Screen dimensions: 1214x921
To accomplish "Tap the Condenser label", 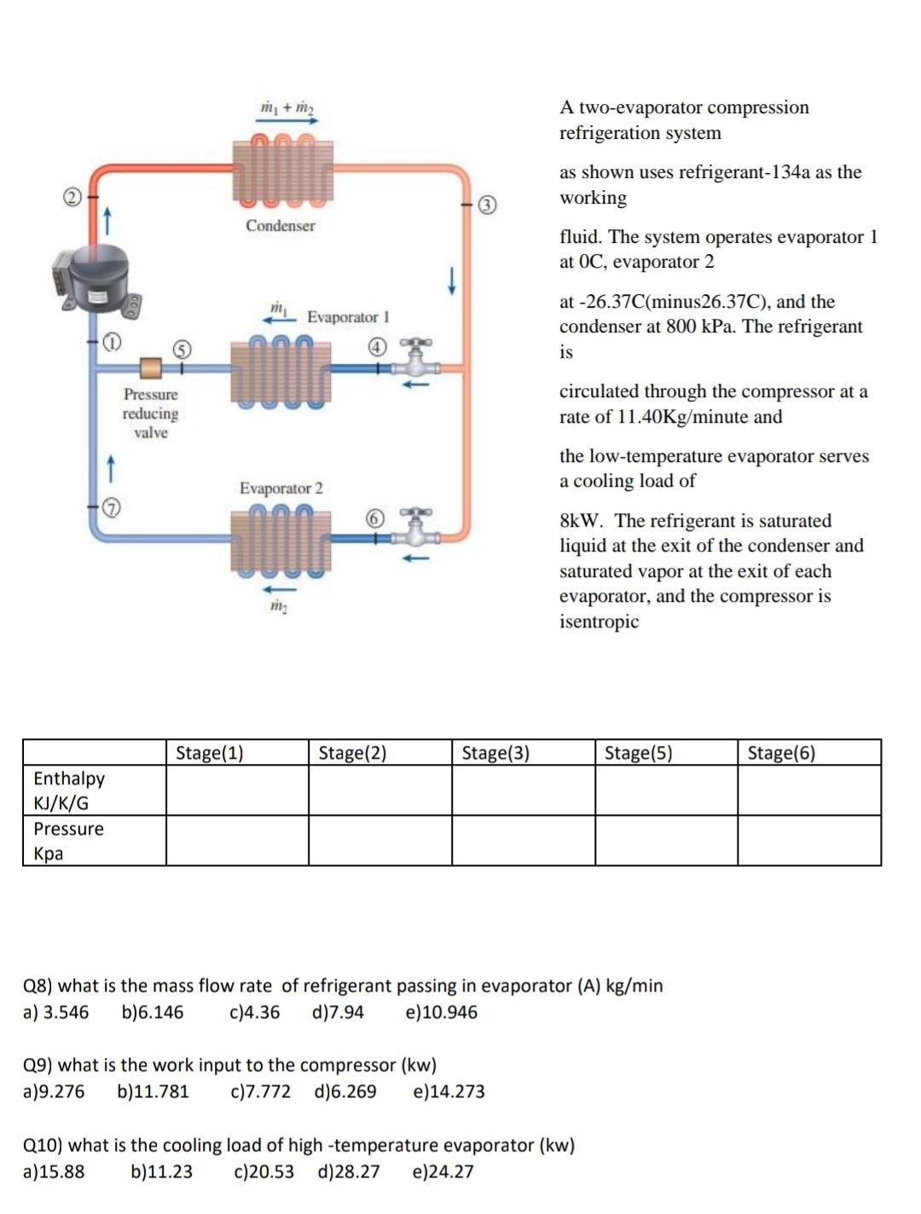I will (x=280, y=226).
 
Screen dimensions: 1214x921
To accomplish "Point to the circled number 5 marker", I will (x=182, y=349).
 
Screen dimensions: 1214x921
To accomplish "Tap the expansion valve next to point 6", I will (x=415, y=529).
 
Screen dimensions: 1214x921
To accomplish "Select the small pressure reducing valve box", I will (x=151, y=368).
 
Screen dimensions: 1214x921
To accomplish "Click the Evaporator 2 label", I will (x=281, y=488).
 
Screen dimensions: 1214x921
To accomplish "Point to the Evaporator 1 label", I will (x=348, y=317).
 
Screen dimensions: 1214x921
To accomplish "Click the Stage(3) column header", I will (x=495, y=753).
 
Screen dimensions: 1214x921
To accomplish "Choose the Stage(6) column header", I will (x=781, y=753).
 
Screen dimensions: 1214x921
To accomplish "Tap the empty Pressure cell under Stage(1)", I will (x=237, y=841).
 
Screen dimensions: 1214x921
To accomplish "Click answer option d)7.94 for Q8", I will (x=339, y=1013).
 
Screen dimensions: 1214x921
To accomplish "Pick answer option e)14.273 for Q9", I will (x=449, y=1092).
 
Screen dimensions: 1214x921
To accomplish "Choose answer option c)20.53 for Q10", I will (x=264, y=1172).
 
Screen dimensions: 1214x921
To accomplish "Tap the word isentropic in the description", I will (x=599, y=621).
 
